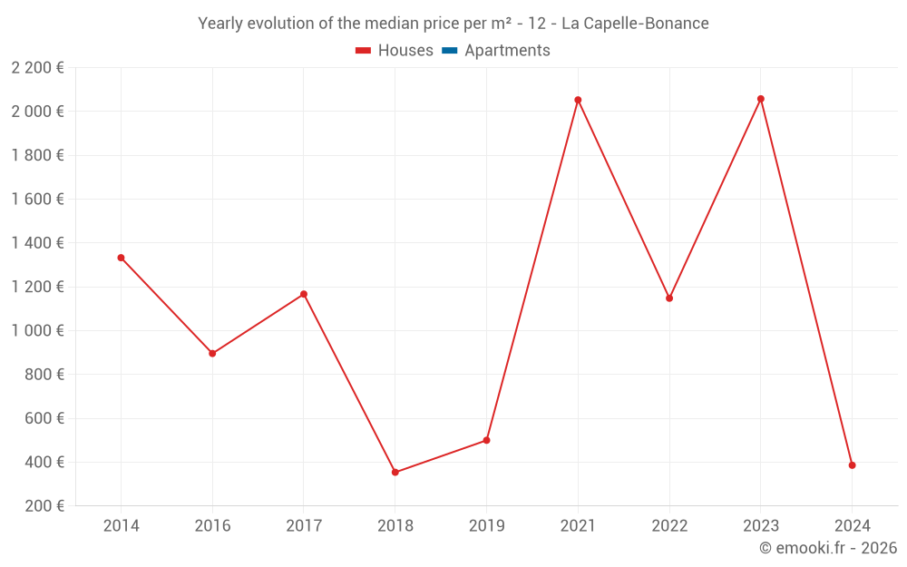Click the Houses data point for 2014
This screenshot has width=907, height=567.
[x=121, y=258]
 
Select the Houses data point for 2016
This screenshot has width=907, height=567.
[x=212, y=354]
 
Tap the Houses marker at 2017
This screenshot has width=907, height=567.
[x=304, y=294]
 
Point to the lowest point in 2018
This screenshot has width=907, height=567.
[x=395, y=473]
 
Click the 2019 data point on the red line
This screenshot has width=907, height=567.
[x=486, y=440]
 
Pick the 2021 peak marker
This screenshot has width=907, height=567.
[x=578, y=100]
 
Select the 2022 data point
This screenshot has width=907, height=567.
[x=669, y=298]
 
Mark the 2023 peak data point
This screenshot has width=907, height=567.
[x=760, y=99]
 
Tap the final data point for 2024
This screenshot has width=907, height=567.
[x=852, y=465]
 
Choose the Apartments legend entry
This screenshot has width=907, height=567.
[x=507, y=51]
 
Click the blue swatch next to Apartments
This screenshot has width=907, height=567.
[x=449, y=51]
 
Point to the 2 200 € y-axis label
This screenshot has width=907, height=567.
[x=37, y=67]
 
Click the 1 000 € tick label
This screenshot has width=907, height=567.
[x=37, y=330]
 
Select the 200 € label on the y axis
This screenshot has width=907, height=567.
[x=43, y=506]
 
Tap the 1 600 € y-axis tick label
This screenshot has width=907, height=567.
[x=37, y=199]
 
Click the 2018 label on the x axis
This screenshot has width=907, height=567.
[x=395, y=526]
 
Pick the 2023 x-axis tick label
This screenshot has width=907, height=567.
[x=760, y=526]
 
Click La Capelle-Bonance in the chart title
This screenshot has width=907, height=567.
[x=635, y=24]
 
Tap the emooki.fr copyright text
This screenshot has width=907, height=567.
[x=828, y=548]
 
